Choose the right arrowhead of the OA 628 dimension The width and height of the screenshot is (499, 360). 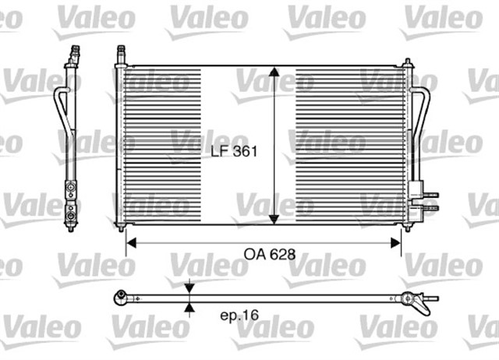pyautogui.click(x=397, y=242)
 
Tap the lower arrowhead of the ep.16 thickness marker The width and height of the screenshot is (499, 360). pyautogui.click(x=189, y=307)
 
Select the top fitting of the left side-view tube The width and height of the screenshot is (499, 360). pyautogui.click(x=75, y=55)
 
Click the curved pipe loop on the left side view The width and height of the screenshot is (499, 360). pyautogui.click(x=58, y=109)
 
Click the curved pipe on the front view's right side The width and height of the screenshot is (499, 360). pyautogui.click(x=422, y=117)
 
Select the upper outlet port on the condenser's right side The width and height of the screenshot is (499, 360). pyautogui.click(x=431, y=195)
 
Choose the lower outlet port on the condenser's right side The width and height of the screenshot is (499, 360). pyautogui.click(x=431, y=206)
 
